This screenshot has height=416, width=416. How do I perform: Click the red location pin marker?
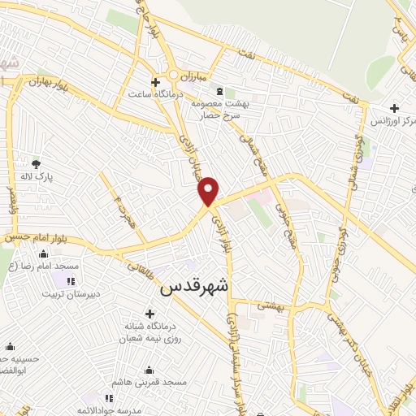209,191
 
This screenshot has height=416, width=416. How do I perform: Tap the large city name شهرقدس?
195,287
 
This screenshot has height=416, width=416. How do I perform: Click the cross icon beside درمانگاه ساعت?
155,81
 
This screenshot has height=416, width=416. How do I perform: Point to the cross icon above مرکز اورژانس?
394,108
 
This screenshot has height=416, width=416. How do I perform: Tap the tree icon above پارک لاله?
35,162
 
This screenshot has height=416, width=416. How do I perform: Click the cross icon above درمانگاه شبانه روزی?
149,314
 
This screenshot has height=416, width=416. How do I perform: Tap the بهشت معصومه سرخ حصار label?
219,110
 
